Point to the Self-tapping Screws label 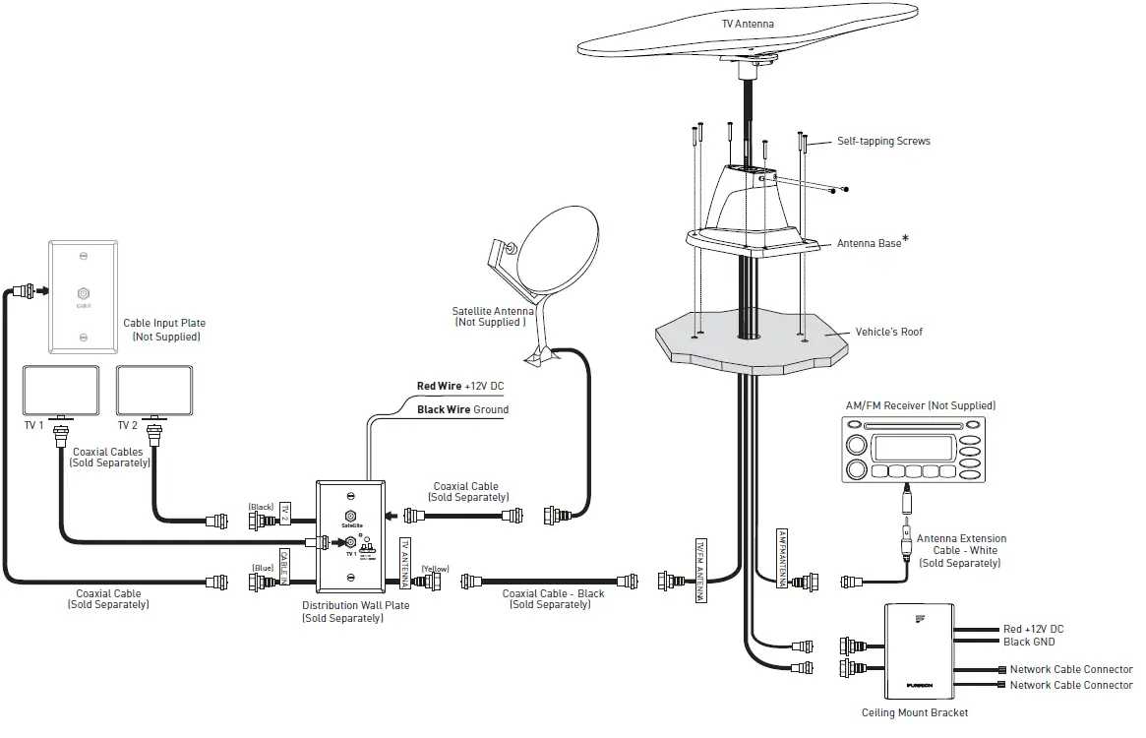(883, 142)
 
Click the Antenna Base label (869, 243)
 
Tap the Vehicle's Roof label (889, 333)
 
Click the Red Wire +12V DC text (461, 387)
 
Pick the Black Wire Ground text (462, 409)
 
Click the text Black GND (1029, 643)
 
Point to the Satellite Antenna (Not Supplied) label (489, 317)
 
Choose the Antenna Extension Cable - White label (961, 551)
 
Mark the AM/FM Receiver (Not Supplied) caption (921, 405)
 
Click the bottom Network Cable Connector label (1071, 685)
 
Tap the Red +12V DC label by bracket (1033, 629)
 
